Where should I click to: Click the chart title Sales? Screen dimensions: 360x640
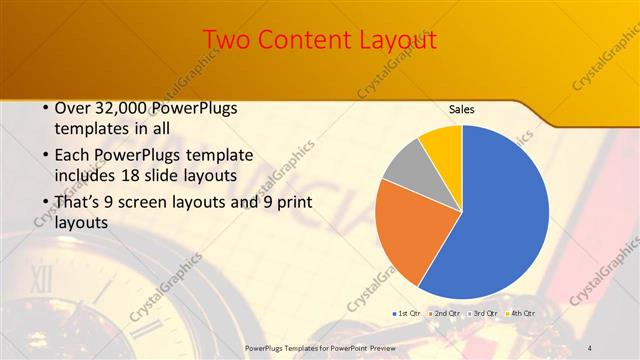click(461, 109)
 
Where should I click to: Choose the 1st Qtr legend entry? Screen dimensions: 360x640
click(406, 314)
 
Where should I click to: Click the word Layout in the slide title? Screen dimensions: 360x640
click(398, 40)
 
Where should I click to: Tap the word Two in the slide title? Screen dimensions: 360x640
click(228, 40)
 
